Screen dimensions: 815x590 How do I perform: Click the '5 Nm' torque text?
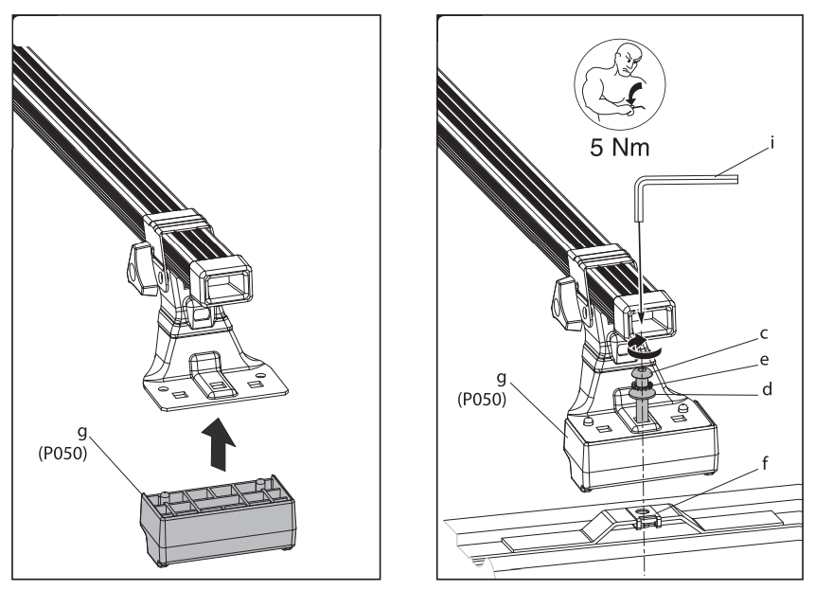[x=620, y=147]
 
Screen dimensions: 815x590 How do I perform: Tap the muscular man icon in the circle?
[x=620, y=83]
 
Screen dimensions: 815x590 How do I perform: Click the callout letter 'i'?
[x=772, y=142]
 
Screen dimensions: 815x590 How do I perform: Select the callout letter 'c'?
[x=764, y=334]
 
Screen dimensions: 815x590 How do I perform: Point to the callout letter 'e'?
[x=764, y=360]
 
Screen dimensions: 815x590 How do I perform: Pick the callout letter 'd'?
[x=767, y=388]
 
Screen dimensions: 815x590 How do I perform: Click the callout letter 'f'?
[x=765, y=463]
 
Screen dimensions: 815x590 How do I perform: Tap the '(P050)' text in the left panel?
[x=62, y=454]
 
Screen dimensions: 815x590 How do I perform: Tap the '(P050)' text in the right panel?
[x=482, y=400]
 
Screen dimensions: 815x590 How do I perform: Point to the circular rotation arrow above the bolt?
[x=643, y=347]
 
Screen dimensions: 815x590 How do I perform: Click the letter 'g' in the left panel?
[x=82, y=433]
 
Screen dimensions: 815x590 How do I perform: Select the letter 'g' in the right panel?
[x=501, y=379]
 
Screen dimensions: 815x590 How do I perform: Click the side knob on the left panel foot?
[x=141, y=269]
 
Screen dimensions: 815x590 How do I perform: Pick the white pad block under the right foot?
[x=640, y=443]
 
